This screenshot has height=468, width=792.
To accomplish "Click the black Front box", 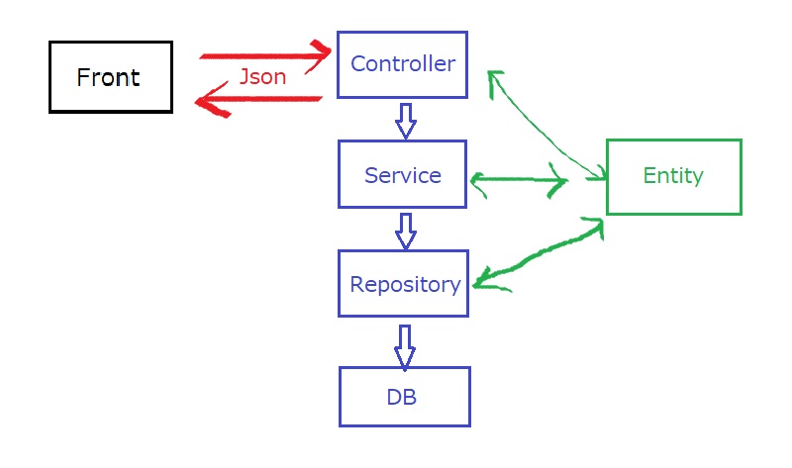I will click(110, 77).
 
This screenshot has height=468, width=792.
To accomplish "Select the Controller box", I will click(402, 64).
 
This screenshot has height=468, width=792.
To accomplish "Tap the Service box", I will click(402, 175).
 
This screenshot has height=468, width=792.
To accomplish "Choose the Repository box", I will click(403, 284).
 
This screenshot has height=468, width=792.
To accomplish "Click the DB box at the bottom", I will click(404, 397).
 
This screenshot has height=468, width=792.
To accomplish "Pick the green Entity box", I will click(673, 176).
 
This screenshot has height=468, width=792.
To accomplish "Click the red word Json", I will click(262, 77).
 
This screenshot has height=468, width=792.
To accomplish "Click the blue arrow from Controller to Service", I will click(404, 120).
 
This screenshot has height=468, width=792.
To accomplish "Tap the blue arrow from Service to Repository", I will click(404, 230).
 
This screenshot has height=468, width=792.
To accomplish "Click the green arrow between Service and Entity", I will click(519, 180).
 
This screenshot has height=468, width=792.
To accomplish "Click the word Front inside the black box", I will click(109, 77).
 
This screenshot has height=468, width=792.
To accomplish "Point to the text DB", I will click(402, 398).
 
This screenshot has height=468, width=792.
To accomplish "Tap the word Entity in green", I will click(673, 176).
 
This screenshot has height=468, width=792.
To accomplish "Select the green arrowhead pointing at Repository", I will click(485, 283).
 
